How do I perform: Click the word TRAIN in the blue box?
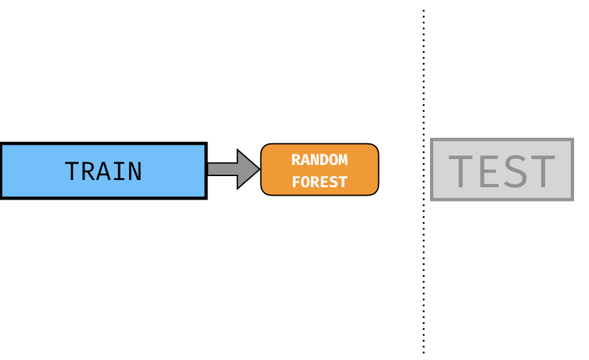pos(103,171)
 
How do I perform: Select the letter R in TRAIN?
pos(88,171)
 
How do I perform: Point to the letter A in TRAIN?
pos(103,171)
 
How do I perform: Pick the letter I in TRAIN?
pos(119,171)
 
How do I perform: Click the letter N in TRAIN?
pos(135,171)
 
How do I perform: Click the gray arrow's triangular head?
pos(248,169)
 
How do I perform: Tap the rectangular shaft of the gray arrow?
pos(223,169)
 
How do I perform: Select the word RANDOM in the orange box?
pos(319,160)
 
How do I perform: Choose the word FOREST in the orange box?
pos(319,182)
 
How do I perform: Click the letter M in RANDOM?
pos(344,160)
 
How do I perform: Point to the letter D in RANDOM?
pos(324,160)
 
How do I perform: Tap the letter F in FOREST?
pos(296,182)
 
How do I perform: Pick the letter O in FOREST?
pos(306,182)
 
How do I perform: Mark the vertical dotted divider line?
pos(423,181)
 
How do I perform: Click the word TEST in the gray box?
pos(502,171)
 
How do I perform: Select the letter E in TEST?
pos(489,171)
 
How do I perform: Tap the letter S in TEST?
pos(514,171)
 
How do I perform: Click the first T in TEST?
pos(461,171)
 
